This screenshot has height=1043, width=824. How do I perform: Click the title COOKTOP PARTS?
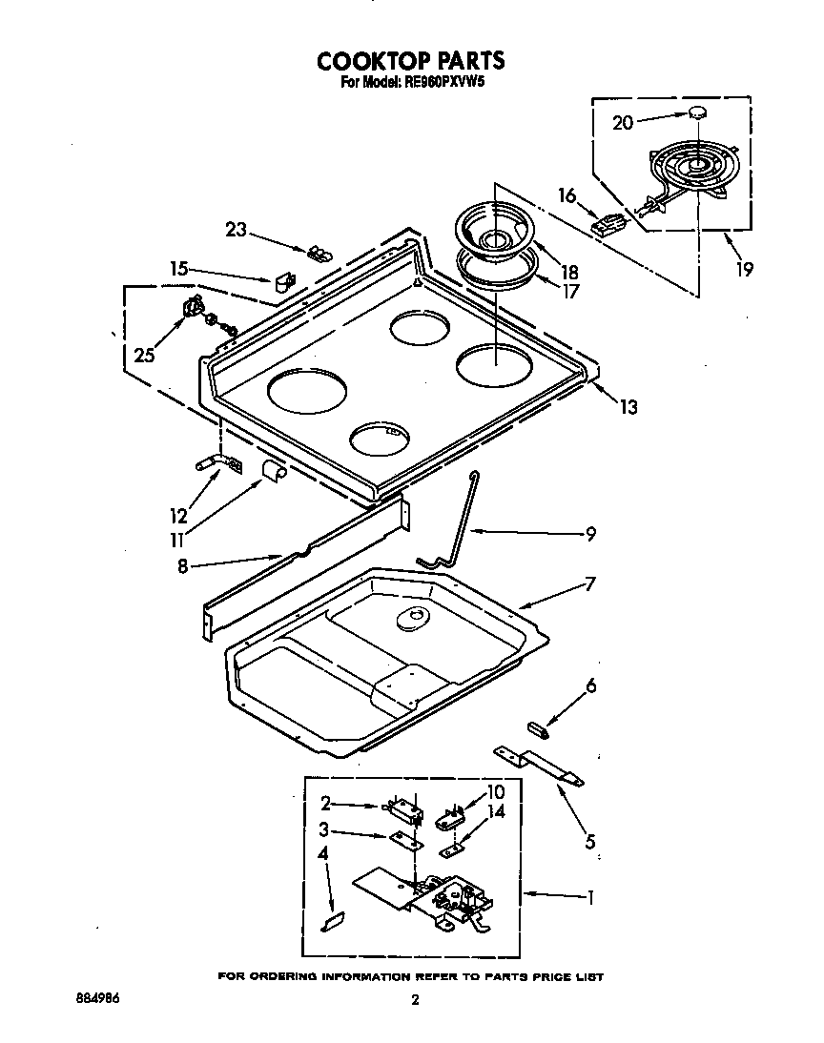point(410,61)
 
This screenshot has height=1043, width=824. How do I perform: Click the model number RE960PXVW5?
point(440,83)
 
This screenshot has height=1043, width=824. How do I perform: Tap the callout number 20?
point(622,122)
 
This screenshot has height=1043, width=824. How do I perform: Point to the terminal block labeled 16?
point(607,227)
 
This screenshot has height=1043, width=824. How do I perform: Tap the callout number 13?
point(627,408)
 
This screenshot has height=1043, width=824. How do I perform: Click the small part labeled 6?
point(539,729)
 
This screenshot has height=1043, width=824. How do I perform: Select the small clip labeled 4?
point(333,921)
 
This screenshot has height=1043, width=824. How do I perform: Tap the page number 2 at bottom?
point(414,1000)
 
